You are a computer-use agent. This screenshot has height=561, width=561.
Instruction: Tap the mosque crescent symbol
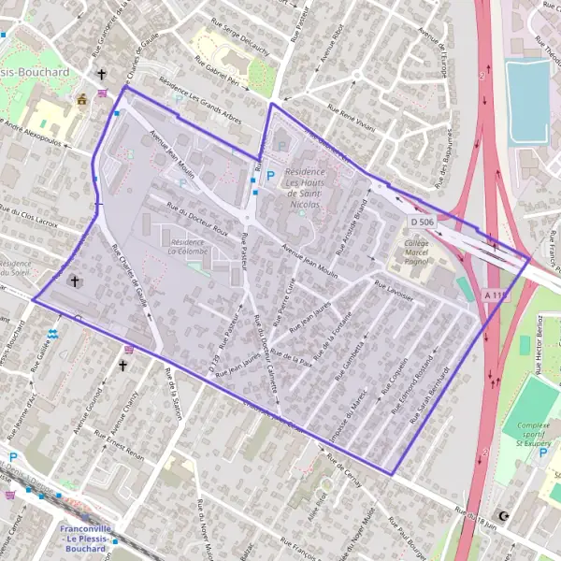click(506, 515)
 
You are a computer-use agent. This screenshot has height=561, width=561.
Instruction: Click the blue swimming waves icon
click(53, 332)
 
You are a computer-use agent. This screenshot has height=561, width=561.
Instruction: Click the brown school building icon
click(81, 98)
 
